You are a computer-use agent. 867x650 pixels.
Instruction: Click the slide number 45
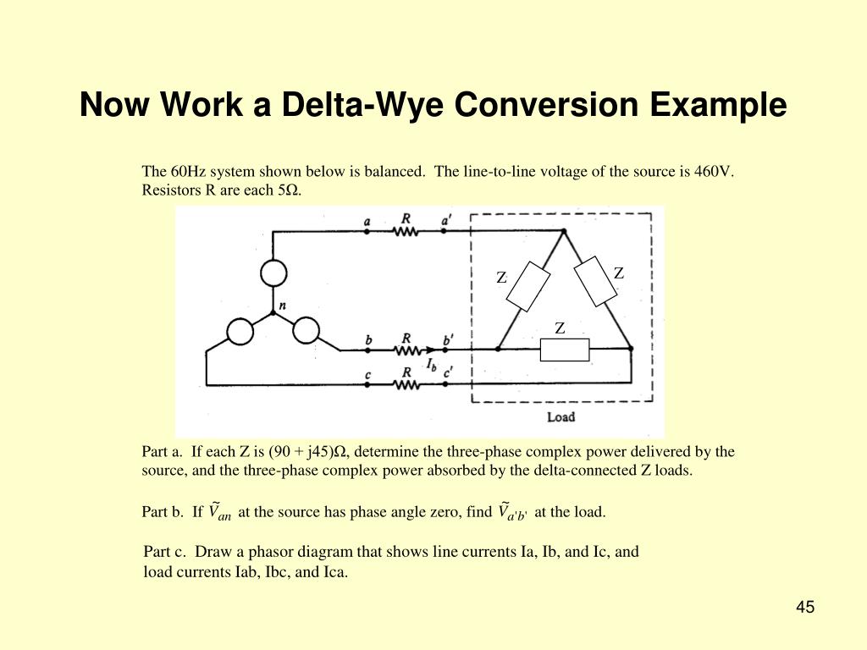tap(804, 607)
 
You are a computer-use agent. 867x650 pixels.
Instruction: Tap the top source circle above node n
tap(273, 273)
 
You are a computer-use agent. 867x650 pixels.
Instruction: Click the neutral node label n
tap(282, 305)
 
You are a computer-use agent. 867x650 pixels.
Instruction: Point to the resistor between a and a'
tap(406, 232)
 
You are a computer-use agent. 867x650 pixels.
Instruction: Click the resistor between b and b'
tap(407, 349)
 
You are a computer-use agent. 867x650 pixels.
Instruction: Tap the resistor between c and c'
tap(407, 385)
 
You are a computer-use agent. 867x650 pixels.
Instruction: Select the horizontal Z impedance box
tap(564, 350)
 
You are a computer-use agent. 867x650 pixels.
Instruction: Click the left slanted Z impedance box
tap(527, 286)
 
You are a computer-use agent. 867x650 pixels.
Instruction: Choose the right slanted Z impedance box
tap(596, 280)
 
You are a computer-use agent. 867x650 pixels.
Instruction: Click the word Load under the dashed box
tap(561, 416)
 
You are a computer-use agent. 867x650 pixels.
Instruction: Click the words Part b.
tap(162, 512)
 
